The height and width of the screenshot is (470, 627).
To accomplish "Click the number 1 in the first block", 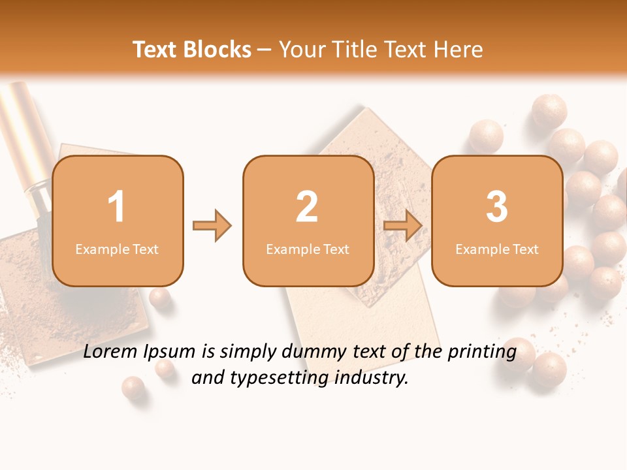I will click(116, 207).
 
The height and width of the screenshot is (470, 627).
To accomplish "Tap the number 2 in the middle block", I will click(307, 207).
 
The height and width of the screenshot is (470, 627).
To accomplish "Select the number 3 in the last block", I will click(497, 207).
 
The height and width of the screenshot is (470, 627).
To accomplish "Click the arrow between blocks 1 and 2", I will click(212, 226).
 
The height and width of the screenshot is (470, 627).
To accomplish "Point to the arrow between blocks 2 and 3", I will click(403, 226).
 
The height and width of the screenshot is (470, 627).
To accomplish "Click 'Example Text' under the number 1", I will click(117, 249).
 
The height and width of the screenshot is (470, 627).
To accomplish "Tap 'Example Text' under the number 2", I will click(308, 249).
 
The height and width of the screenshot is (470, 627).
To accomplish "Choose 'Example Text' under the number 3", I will click(497, 249).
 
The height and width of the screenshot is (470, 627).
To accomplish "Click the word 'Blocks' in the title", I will click(218, 50).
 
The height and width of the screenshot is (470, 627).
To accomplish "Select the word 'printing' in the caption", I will click(481, 352).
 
